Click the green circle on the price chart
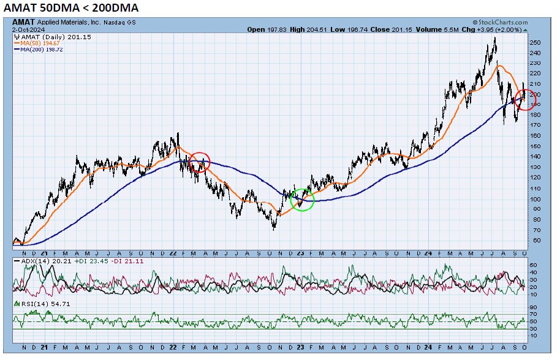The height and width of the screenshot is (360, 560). (x=301, y=199)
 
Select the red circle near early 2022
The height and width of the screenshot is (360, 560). (x=199, y=162)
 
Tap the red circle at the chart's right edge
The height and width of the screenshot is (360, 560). (x=526, y=99)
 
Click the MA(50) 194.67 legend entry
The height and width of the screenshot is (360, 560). (x=39, y=43)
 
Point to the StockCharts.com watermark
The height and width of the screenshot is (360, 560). (x=498, y=22)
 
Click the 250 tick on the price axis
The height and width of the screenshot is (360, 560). (x=535, y=43)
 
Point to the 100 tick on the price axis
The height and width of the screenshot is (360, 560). (x=535, y=199)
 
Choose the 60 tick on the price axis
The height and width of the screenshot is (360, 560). (x=535, y=241)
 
